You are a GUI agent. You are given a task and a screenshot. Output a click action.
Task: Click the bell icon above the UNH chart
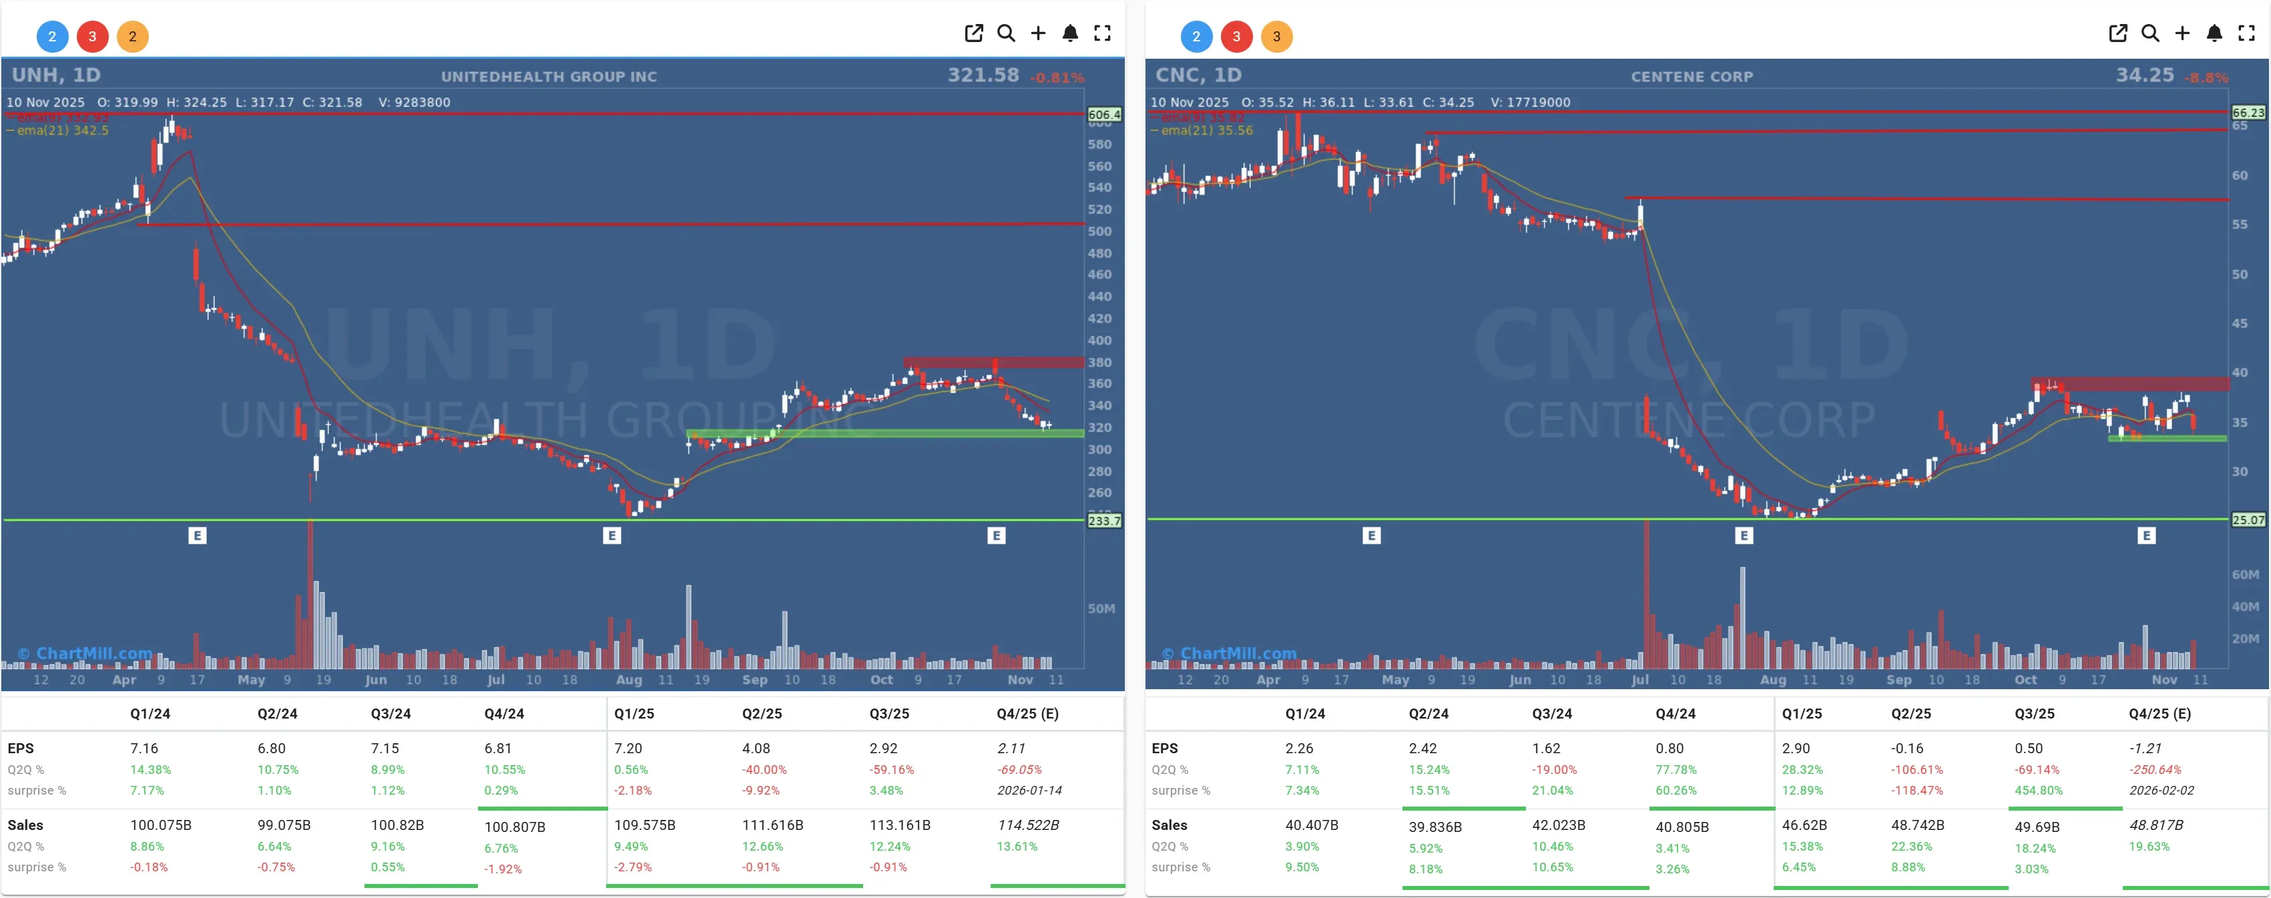1069,33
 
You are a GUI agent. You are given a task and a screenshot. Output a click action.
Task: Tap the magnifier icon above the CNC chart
2150,33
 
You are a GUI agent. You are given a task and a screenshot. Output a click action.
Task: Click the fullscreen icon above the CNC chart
2246,33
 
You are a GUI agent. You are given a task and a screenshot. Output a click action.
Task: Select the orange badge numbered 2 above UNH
132,36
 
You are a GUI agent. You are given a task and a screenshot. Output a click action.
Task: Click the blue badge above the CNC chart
1196,36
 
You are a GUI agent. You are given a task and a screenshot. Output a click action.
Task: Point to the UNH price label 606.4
1103,115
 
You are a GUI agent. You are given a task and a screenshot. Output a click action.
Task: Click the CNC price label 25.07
2247,520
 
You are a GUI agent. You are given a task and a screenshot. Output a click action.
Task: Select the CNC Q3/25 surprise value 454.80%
2038,791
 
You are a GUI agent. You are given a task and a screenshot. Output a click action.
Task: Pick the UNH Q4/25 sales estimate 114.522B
1028,825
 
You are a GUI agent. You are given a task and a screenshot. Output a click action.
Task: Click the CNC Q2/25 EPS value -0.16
1907,748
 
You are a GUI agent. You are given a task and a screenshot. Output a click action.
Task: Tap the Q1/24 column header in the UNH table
150,714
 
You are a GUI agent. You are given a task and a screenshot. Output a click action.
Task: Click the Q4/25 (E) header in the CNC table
2159,714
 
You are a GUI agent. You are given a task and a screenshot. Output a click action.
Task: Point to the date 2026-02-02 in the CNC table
2161,791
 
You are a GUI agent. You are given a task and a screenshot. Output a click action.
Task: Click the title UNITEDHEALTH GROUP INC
548,77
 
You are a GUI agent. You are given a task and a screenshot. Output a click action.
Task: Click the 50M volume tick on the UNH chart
1101,608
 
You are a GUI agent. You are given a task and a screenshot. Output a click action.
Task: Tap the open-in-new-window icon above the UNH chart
973,33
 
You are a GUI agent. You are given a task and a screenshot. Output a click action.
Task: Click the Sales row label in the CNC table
1169,825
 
